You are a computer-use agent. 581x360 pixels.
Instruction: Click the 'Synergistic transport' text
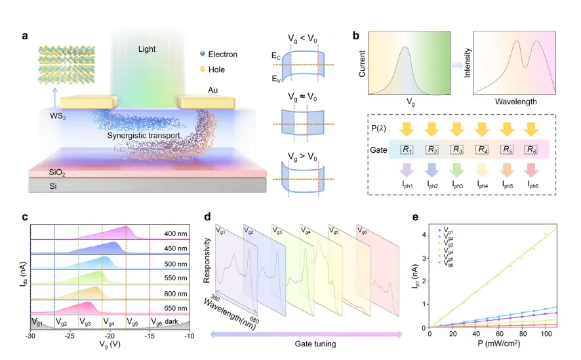[x=140, y=135]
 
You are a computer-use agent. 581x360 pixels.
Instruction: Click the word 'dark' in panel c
[x=174, y=321]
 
